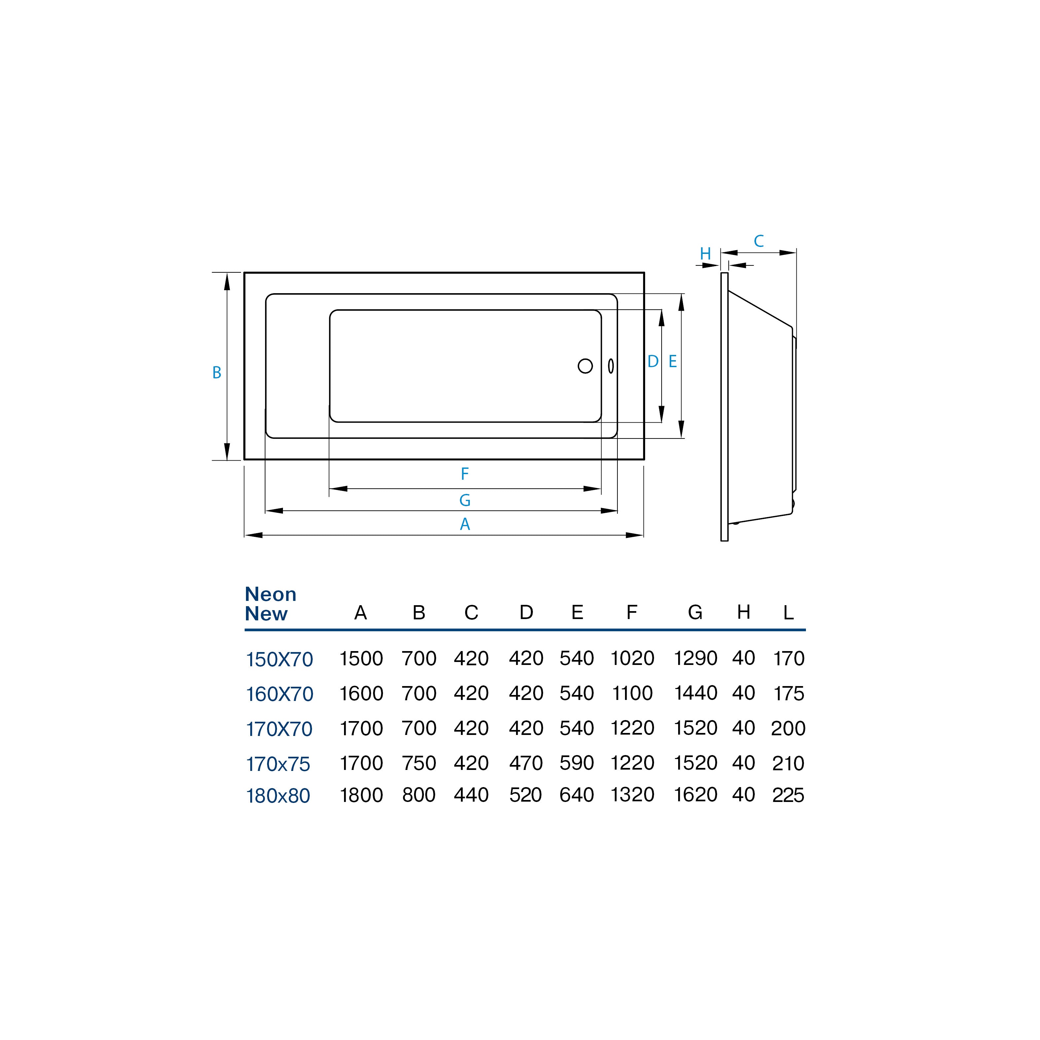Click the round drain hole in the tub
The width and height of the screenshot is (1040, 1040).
(x=585, y=366)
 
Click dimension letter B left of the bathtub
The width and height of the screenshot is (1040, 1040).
(x=217, y=372)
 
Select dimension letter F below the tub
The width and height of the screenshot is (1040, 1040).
(x=465, y=474)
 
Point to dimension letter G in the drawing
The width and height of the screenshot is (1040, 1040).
(x=465, y=500)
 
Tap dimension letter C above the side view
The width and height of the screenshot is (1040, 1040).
(x=758, y=241)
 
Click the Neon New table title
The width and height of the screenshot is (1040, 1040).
(x=270, y=604)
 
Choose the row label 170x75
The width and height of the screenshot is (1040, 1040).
(x=278, y=764)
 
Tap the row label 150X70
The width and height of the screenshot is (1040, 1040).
(x=279, y=659)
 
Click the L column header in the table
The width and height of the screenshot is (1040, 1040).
(x=788, y=612)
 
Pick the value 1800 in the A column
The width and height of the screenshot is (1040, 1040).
(x=361, y=795)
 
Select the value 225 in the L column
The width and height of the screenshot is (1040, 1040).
(x=788, y=795)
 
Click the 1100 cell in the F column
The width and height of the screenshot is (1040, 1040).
(x=632, y=693)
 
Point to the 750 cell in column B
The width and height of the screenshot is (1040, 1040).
(x=419, y=763)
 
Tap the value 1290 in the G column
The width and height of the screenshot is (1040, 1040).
(x=696, y=658)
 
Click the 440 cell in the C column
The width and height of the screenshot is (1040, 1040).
(x=471, y=795)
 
